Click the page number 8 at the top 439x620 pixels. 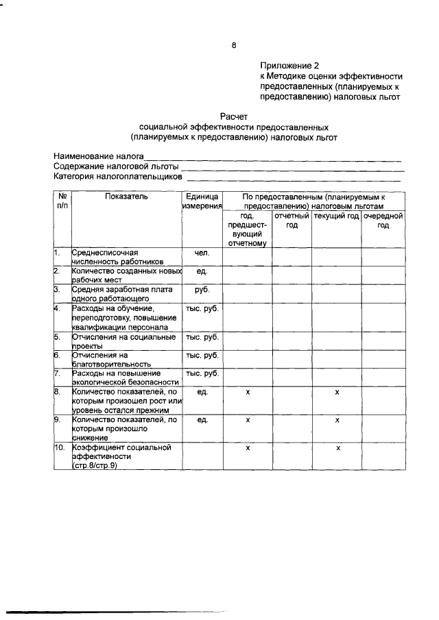[x=233, y=46]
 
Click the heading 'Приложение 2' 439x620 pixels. [x=289, y=66]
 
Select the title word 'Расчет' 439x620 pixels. [x=233, y=117]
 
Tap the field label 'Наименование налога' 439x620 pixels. [x=100, y=156]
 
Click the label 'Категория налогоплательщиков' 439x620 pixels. [x=117, y=177]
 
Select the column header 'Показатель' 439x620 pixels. [x=126, y=196]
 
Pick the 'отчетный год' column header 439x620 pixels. [x=292, y=221]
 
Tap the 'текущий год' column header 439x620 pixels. [x=336, y=216]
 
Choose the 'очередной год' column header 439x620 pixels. [x=383, y=221]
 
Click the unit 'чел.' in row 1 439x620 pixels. [x=202, y=252]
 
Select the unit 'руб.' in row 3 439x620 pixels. [x=202, y=290]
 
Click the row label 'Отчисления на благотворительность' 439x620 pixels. [x=111, y=360]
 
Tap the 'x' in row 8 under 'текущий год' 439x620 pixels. [x=337, y=392]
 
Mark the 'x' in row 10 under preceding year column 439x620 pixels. [x=247, y=447]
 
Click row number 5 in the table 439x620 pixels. [x=58, y=336]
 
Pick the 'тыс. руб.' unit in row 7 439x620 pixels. [x=202, y=373]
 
